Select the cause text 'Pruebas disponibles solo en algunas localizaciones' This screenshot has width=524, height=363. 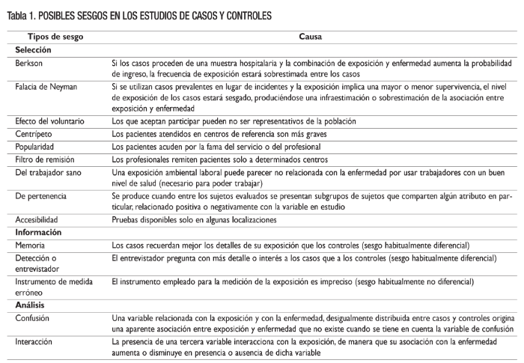194,219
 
